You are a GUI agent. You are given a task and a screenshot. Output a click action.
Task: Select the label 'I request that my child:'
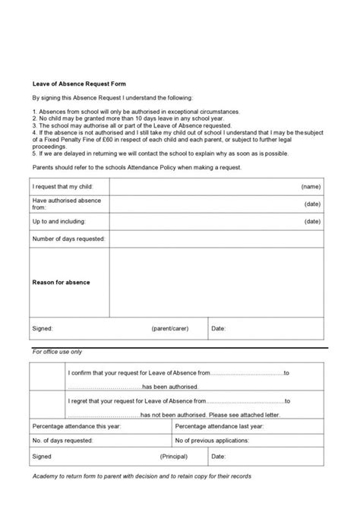pos(64,186)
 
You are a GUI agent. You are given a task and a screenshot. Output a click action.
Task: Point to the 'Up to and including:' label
pos(59,221)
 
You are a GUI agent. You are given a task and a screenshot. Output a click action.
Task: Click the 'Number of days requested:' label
pos(69,239)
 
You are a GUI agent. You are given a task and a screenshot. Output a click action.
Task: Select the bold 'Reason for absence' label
pos(61,283)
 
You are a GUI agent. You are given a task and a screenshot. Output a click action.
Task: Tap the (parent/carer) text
pos(169,328)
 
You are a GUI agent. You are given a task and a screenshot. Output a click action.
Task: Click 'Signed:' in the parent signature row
pos(42,328)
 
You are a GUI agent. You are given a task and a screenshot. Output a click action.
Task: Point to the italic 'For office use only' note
pos(58,352)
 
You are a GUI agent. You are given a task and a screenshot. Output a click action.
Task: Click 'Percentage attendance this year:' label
pos(77,428)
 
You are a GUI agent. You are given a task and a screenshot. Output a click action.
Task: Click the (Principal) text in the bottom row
pos(174,457)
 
